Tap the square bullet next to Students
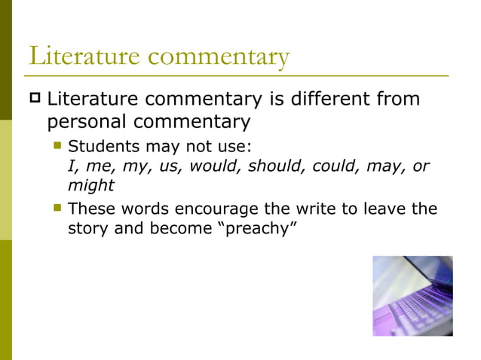click(57, 145)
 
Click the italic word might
click(90, 185)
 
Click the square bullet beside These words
click(57, 208)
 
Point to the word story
click(87, 228)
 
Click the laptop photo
click(412, 295)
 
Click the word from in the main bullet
click(398, 99)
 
